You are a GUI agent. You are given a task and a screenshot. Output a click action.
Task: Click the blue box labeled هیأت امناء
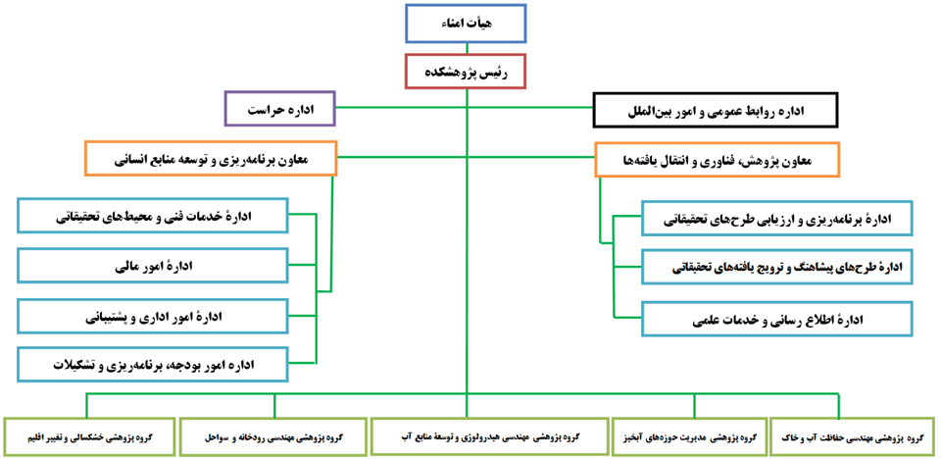point(466,24)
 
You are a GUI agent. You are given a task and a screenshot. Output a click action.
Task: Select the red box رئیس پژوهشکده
point(466,72)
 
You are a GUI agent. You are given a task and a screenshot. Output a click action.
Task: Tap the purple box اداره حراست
point(279,109)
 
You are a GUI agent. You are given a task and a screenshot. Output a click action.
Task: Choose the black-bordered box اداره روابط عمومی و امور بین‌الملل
point(716,111)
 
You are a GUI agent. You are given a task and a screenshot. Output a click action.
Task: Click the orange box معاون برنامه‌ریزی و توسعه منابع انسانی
point(212,158)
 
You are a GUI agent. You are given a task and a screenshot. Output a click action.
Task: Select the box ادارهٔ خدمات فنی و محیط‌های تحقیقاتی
point(152,216)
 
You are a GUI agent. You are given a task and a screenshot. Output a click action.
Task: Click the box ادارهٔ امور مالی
point(152,266)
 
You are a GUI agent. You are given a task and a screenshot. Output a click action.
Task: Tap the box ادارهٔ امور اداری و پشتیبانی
point(152,316)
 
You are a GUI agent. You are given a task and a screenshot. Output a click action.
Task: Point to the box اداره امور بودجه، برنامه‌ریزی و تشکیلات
point(152,365)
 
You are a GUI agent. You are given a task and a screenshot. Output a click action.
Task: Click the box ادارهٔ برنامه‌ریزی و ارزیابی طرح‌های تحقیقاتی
point(776,219)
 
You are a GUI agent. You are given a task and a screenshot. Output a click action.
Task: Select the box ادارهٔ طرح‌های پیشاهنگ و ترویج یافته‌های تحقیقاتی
point(776,267)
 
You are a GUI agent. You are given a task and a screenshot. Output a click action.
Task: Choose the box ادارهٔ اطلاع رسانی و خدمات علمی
point(776,319)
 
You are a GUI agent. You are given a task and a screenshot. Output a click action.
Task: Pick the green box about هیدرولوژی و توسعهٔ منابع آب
point(487,435)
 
